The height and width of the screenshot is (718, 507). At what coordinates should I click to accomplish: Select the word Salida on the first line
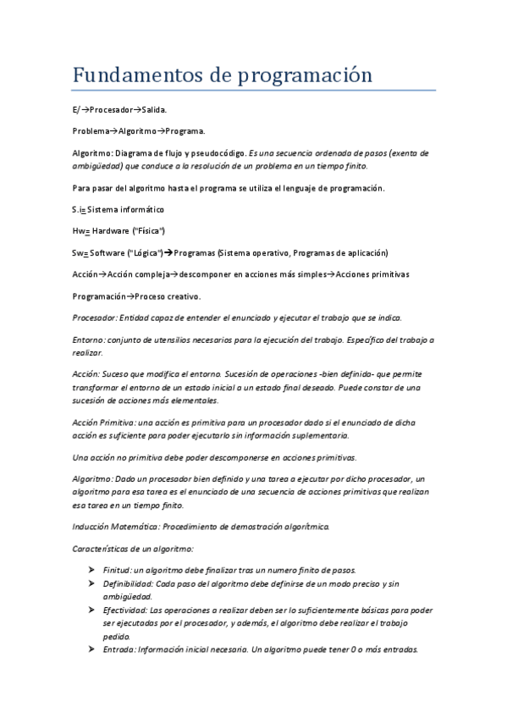153,110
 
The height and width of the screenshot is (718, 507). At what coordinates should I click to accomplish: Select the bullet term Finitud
117,569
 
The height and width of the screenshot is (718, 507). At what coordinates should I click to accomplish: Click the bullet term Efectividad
124,610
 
